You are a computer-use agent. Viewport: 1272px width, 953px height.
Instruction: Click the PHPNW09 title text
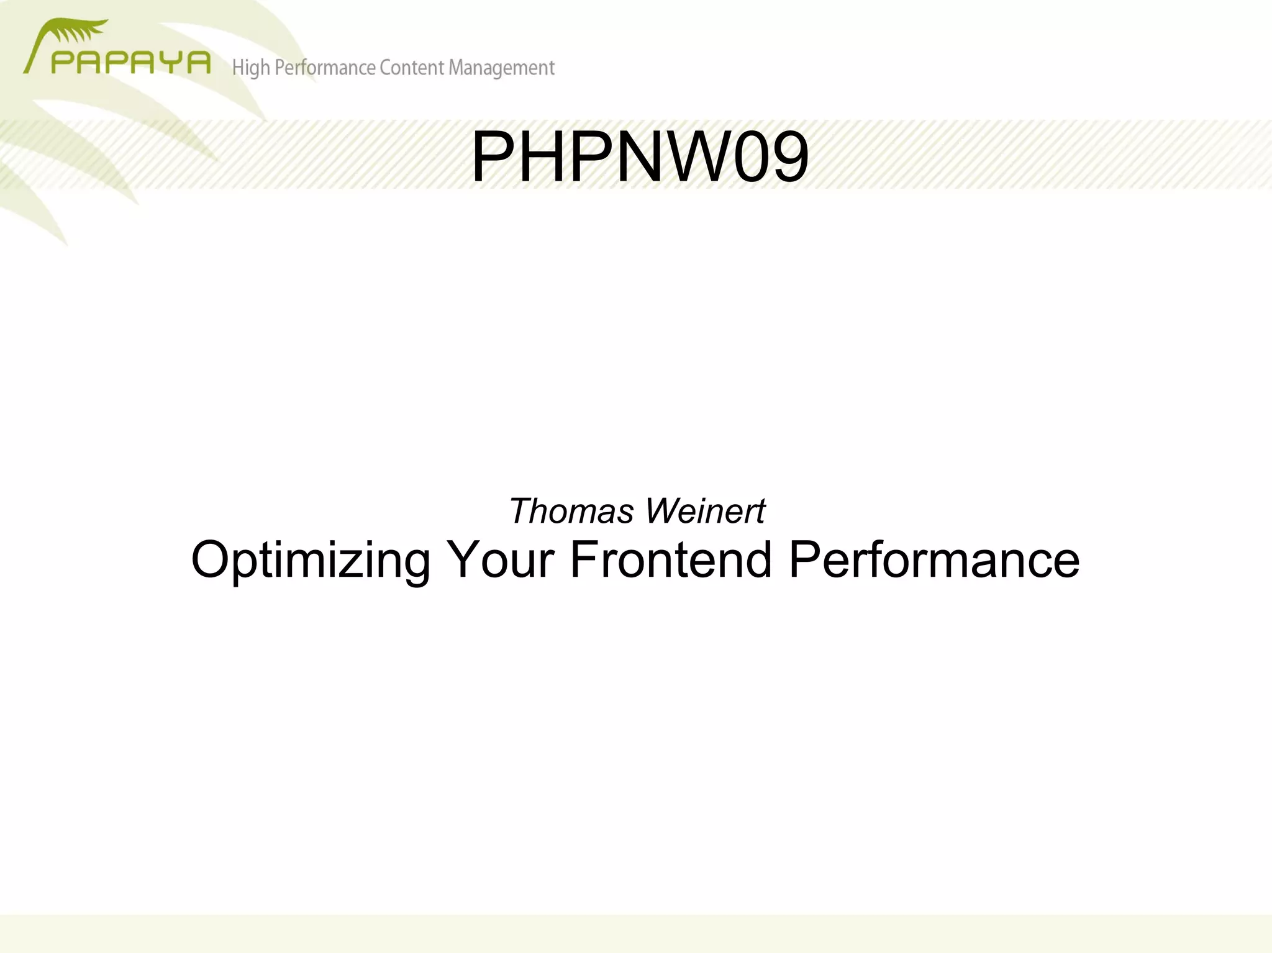point(640,158)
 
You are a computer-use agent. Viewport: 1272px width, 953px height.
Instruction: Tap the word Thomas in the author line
point(571,512)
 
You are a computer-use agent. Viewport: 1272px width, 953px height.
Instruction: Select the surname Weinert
point(705,512)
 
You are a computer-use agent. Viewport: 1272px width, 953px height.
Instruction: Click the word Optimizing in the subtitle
point(311,560)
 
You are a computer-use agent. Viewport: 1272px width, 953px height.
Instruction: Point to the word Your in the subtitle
point(500,560)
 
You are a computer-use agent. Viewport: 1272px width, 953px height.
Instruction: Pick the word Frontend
point(671,560)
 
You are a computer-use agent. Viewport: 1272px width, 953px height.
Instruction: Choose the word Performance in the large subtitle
point(934,560)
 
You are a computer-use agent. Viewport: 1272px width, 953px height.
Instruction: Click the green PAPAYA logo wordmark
point(130,63)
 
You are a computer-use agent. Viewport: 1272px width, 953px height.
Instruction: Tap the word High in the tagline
point(251,68)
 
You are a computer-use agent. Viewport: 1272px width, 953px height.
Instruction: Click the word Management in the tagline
point(501,68)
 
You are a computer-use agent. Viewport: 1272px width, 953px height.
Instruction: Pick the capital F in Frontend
point(584,560)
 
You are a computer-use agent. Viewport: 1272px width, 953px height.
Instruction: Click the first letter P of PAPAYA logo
point(63,63)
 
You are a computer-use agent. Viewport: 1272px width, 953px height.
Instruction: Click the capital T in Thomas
point(520,512)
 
